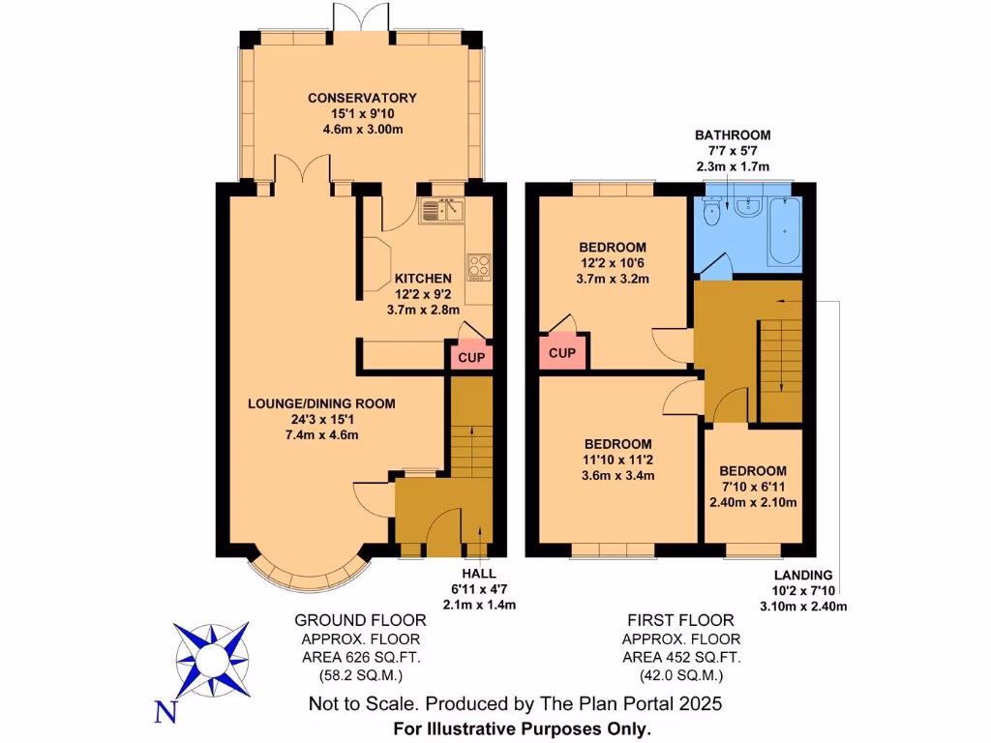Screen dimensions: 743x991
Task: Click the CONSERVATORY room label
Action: click(362, 98)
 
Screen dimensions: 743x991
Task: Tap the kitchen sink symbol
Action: click(441, 210)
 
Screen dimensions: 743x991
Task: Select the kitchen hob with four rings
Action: click(479, 265)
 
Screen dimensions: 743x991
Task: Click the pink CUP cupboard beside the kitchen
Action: click(468, 357)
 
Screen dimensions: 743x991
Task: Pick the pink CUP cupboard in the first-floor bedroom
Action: click(562, 353)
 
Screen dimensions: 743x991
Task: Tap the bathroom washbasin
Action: click(746, 207)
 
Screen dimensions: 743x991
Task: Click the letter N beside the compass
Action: click(166, 713)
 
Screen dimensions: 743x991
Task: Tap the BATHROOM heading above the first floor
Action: click(733, 135)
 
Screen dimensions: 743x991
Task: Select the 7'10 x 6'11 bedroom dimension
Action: click(753, 487)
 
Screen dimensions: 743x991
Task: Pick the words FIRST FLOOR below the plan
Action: click(680, 620)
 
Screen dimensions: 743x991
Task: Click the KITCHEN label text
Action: click(396, 279)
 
